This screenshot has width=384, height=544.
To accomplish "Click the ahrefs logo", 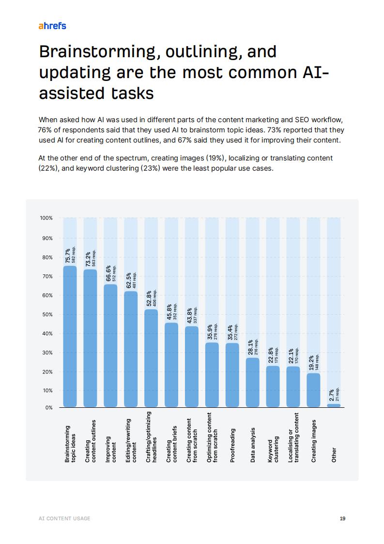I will coord(52,26).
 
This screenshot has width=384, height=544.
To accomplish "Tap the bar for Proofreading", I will coord(232,375).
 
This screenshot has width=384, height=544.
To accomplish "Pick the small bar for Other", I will coord(334,405).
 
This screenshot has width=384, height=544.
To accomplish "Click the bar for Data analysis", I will coord(253,382).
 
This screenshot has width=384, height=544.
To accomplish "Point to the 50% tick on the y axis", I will coord(46,315).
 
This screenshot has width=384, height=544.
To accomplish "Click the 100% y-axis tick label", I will coord(46,218).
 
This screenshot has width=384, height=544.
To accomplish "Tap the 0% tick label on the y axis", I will coord(49,408).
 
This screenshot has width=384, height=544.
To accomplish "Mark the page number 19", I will coord(342,518).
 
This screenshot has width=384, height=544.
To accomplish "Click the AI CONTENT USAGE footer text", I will coord(64,518).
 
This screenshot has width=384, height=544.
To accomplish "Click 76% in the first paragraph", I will coord(46,130).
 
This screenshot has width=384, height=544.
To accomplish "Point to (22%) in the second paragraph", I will coord(47,169).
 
